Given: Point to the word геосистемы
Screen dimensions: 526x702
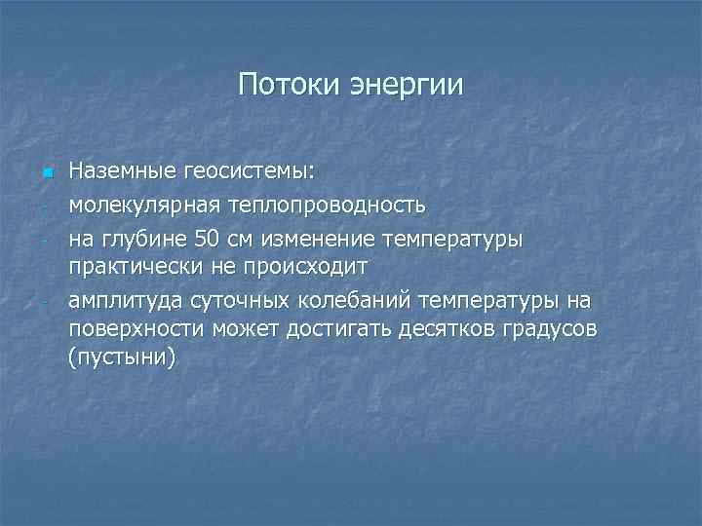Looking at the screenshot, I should coord(234,172).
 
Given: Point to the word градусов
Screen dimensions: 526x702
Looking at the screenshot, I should coord(548,328).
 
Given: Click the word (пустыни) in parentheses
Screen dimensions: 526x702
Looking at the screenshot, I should coord(123,357).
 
